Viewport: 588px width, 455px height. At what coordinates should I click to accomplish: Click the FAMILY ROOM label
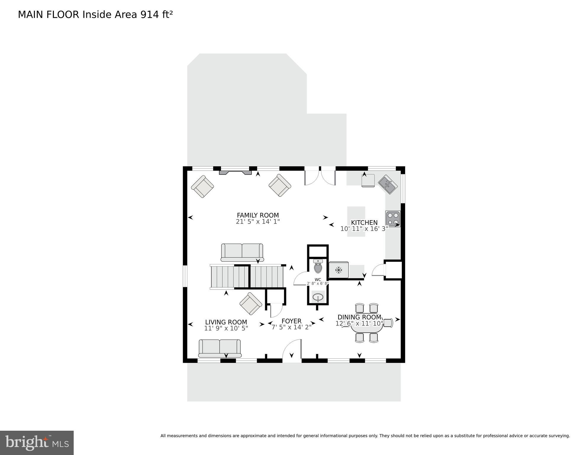coord(257,215)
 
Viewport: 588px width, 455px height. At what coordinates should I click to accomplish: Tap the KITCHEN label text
coord(364,222)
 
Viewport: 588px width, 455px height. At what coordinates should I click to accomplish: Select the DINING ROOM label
coord(359,317)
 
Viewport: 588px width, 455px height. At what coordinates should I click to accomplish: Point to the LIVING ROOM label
coord(226,322)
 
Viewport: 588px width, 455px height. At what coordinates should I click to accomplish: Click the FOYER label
coord(291,321)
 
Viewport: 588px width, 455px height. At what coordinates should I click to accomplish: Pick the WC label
coord(318,280)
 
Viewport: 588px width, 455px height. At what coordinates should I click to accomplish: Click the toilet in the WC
coord(318,266)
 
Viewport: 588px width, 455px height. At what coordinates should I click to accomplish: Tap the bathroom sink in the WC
coord(318,297)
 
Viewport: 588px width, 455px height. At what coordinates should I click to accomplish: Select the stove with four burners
coord(393,219)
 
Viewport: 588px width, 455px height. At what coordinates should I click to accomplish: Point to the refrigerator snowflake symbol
coord(339,270)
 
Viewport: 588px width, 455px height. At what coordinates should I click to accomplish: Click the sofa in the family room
coord(242,253)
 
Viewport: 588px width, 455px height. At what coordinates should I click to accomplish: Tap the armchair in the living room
coord(251,304)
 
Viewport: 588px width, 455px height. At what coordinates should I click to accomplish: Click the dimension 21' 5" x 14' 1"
coord(257,221)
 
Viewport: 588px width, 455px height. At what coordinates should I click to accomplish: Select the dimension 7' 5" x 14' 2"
coord(291,327)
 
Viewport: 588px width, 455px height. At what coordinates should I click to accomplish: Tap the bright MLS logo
coord(37,443)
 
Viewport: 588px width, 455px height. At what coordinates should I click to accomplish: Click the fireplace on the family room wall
coord(235,173)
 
